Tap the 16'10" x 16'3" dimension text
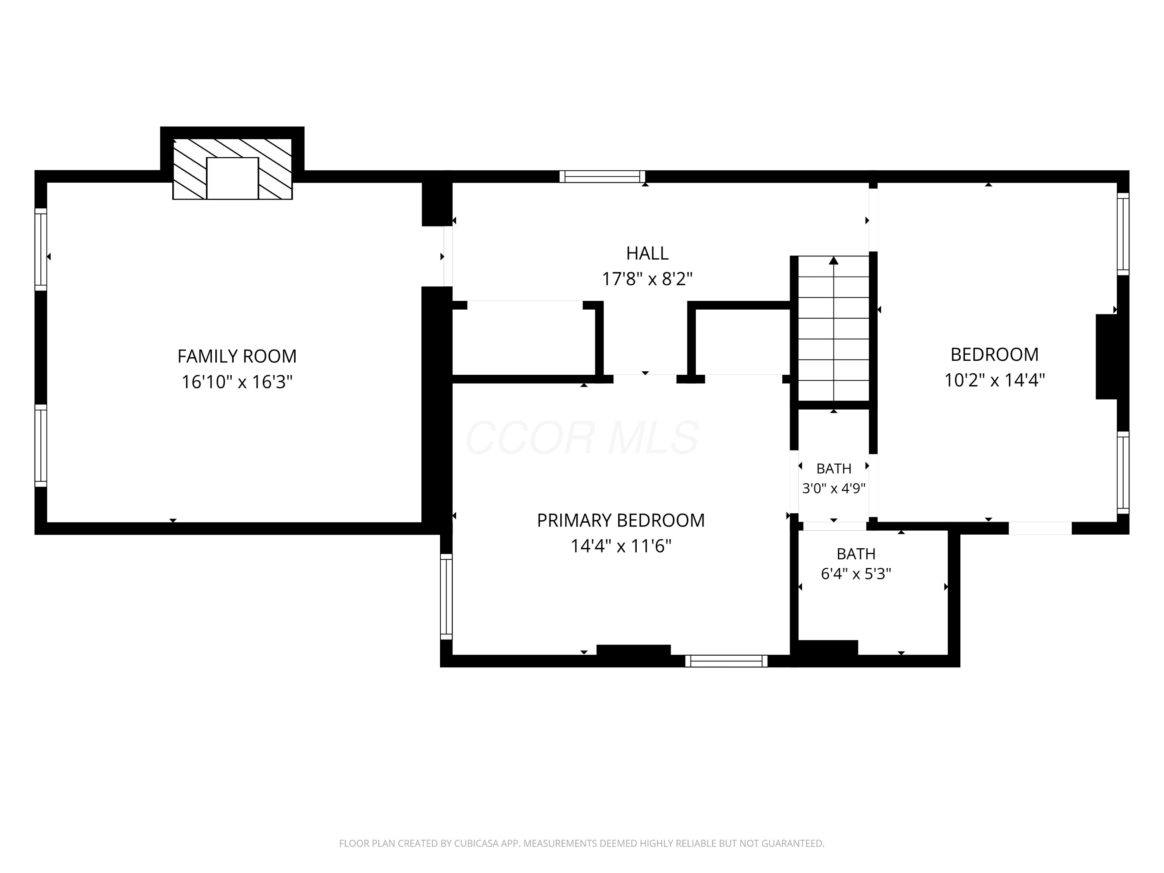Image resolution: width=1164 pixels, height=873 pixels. tap(237, 381)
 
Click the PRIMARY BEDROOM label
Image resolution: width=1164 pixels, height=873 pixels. tap(621, 520)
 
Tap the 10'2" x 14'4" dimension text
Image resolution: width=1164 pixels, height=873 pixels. tap(994, 379)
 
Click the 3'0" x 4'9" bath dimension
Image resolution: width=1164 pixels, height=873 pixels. tap(833, 488)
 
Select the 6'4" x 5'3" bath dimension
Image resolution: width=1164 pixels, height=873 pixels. tap(856, 573)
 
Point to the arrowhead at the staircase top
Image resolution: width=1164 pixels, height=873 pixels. tap(833, 260)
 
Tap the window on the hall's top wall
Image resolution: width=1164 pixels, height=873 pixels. tap(602, 176)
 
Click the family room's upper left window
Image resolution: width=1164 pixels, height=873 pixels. tap(41, 249)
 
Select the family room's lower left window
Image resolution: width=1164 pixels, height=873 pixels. tap(41, 446)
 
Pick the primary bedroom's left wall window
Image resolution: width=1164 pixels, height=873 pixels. tap(446, 596)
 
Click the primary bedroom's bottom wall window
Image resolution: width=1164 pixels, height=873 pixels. tap(726, 661)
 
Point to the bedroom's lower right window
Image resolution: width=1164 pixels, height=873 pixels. tap(1123, 473)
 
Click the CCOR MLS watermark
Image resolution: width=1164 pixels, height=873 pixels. tap(582, 437)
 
